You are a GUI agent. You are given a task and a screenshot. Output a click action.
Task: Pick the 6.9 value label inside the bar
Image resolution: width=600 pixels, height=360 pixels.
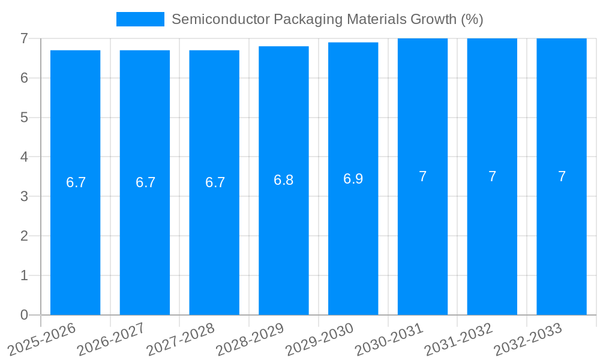coord(353,179)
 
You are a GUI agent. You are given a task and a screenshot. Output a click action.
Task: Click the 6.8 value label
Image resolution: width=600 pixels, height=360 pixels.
coord(283,180)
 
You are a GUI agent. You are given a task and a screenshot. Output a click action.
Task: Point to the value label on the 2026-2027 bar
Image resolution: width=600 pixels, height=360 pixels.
coord(145,182)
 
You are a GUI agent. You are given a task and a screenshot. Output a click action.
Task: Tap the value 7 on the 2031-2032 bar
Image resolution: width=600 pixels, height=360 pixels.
coord(492,176)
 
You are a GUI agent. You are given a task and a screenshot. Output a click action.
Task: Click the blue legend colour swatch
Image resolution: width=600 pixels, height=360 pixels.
coord(140,19)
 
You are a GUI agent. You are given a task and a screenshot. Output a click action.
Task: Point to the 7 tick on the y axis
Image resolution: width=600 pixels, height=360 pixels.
coord(24,38)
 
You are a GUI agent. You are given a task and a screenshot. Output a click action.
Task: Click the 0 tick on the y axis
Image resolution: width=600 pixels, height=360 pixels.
coord(24,315)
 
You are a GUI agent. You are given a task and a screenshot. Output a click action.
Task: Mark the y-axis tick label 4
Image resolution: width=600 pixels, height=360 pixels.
coord(24,157)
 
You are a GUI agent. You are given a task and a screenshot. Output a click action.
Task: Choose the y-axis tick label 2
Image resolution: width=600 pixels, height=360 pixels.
coord(24,236)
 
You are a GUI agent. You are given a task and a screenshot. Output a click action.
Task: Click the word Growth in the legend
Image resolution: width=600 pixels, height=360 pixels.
coord(433,19)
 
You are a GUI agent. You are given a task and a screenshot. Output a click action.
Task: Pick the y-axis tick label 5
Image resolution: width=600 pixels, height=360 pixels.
coord(24,118)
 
